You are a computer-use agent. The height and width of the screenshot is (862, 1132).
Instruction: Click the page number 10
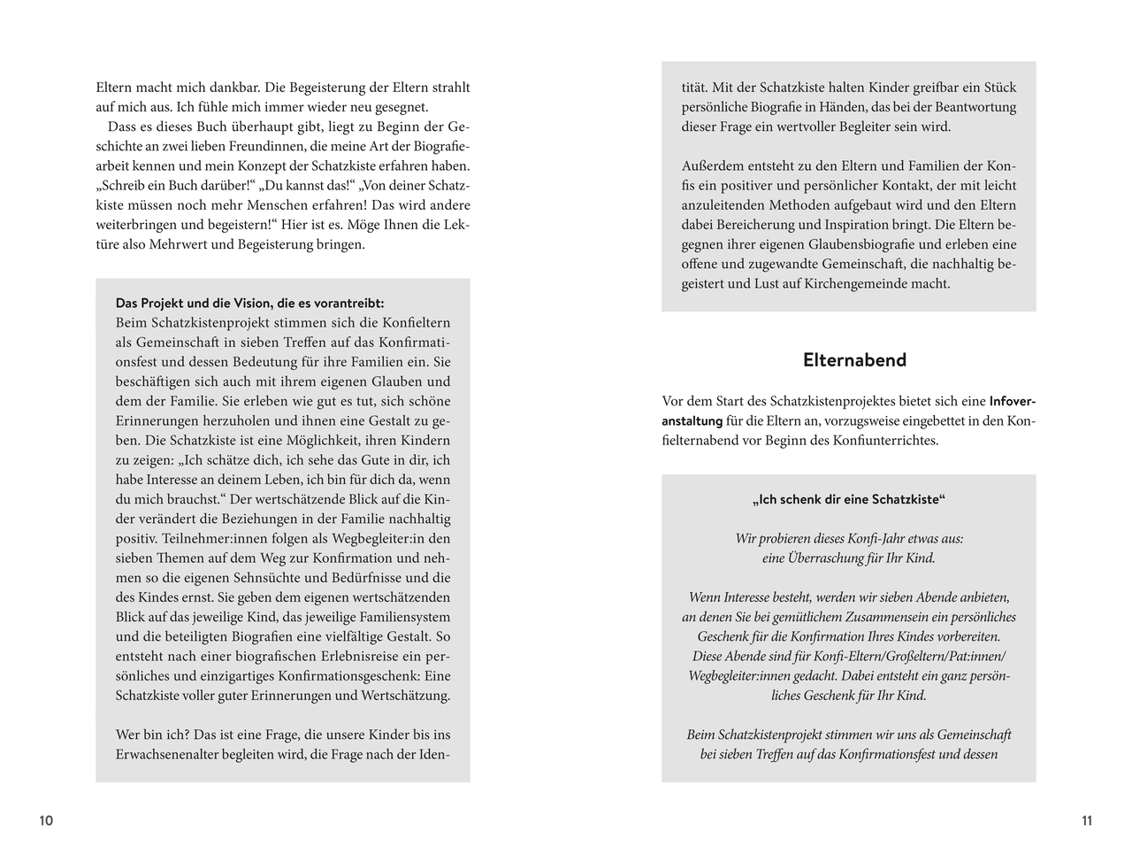[x=46, y=821]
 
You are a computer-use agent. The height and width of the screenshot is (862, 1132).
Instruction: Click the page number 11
[x=1087, y=821]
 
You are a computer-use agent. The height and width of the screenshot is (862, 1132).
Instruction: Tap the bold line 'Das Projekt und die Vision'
[x=249, y=303]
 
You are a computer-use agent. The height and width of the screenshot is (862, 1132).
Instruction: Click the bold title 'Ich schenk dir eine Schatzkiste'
[x=848, y=499]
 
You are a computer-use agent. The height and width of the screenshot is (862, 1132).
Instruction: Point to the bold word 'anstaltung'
[x=692, y=421]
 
